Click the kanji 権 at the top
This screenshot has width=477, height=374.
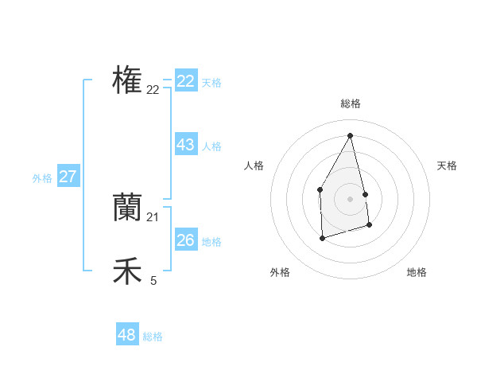click(x=127, y=80)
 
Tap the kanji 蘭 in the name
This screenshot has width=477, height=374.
click(x=127, y=207)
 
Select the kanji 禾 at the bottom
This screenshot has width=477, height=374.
click(x=127, y=271)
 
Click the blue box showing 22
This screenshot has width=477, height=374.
click(x=186, y=81)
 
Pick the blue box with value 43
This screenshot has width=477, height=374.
click(x=186, y=145)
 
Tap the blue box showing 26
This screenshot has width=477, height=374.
click(x=186, y=240)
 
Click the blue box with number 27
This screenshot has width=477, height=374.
click(x=68, y=177)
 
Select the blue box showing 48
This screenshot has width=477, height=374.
click(x=127, y=335)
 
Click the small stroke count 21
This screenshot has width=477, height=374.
click(x=153, y=216)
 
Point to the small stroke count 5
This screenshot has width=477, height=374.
click(x=153, y=280)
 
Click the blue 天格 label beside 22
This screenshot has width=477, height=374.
click(x=211, y=83)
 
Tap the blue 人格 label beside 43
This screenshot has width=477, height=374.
click(x=211, y=146)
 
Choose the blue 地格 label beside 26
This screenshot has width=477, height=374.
click(x=211, y=242)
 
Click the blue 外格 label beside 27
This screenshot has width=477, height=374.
click(x=42, y=178)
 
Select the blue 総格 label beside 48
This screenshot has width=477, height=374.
click(x=153, y=337)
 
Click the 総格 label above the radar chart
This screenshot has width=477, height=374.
click(x=350, y=103)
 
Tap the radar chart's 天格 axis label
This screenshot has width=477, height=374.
click(x=447, y=166)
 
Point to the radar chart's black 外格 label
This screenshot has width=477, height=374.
click(x=280, y=272)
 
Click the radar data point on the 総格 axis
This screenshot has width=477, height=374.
click(x=350, y=135)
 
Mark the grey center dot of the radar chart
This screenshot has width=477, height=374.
click(x=350, y=198)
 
